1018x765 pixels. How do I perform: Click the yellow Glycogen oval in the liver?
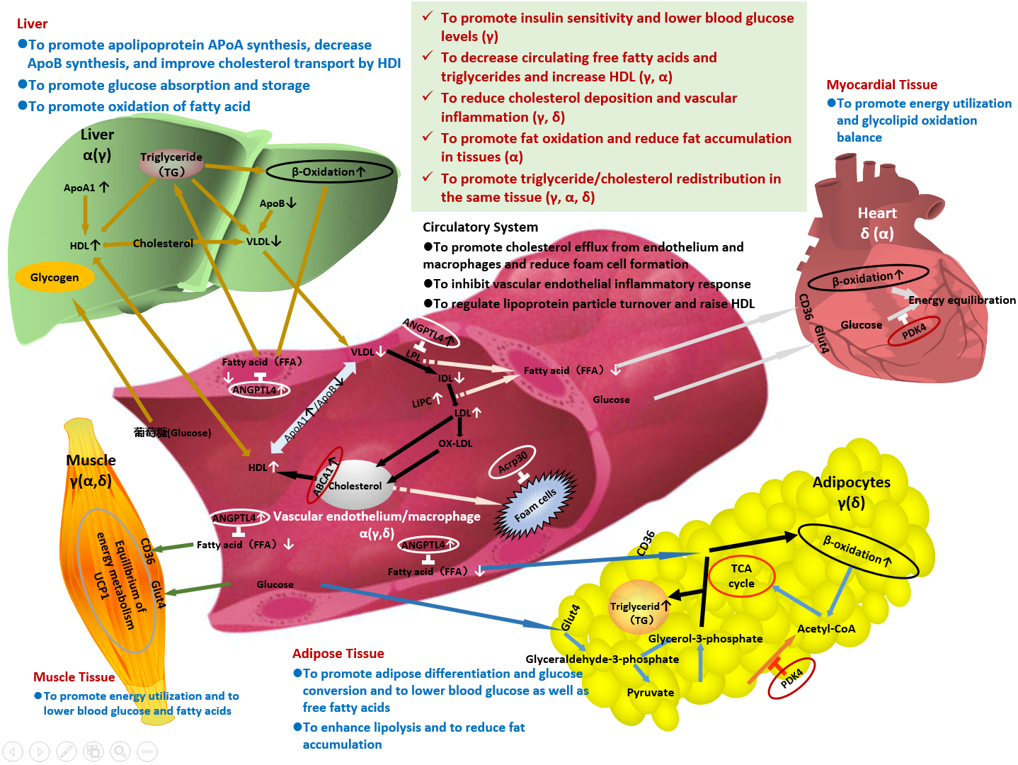[x=54, y=277]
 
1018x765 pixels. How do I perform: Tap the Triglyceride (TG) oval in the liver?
[x=171, y=164]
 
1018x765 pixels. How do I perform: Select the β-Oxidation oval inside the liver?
[x=328, y=171]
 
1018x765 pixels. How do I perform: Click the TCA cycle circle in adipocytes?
[x=741, y=576]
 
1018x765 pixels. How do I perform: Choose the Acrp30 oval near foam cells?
[x=513, y=462]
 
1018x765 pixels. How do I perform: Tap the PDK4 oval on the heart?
[x=914, y=330]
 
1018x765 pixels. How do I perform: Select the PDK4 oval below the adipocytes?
[x=791, y=678]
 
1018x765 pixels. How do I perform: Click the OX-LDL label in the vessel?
[x=455, y=443]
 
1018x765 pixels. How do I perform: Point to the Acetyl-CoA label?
[x=825, y=628]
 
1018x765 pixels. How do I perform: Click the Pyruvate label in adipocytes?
[x=650, y=692]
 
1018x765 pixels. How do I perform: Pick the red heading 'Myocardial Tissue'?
[x=881, y=85]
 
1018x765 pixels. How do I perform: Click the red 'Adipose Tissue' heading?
[x=338, y=653]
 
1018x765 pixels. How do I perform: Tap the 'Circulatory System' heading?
[x=480, y=227]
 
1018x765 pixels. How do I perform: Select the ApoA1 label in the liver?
[x=79, y=188]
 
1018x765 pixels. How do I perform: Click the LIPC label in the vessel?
[x=423, y=402]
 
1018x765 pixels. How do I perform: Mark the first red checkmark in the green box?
[x=428, y=16]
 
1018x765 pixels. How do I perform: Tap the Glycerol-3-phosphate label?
[x=705, y=638]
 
